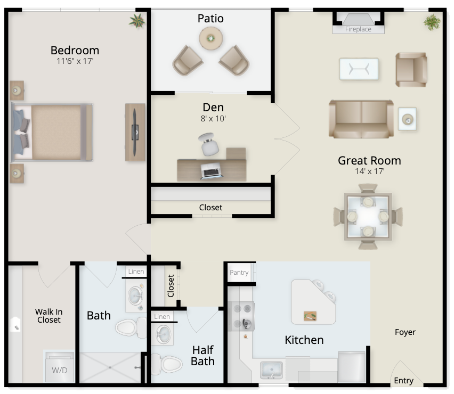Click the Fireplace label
[x=358, y=29]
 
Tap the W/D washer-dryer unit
[x=60, y=367]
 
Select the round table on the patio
[x=211, y=38]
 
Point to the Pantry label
[x=239, y=273]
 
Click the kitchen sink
[x=272, y=370]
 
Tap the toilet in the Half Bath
[x=168, y=364]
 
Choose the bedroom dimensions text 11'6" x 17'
[x=75, y=61]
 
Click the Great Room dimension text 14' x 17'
[x=369, y=171]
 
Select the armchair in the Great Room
[x=411, y=70]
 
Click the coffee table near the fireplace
[x=359, y=69]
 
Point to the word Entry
[x=403, y=381]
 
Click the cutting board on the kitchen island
[x=310, y=316]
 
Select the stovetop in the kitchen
[x=241, y=316]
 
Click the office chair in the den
[x=208, y=144]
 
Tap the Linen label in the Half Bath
[x=162, y=317]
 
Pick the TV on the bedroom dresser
[x=135, y=132]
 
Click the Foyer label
[x=405, y=332]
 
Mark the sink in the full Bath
[x=135, y=296]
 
